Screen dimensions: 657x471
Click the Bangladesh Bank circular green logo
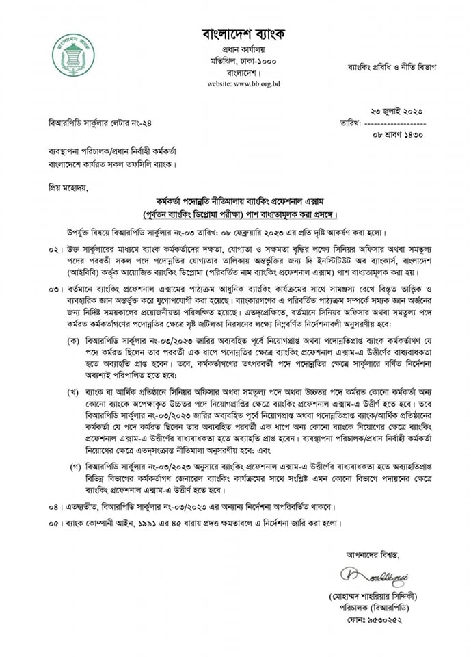pos(74,55)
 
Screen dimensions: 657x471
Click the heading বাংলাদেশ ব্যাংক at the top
pos(243,34)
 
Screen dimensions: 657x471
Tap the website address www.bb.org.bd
pos(243,83)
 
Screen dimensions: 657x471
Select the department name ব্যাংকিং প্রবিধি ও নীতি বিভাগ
pos(392,67)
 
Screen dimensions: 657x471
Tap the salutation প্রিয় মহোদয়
pos(67,187)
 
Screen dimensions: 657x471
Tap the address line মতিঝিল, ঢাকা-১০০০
pos(243,60)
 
